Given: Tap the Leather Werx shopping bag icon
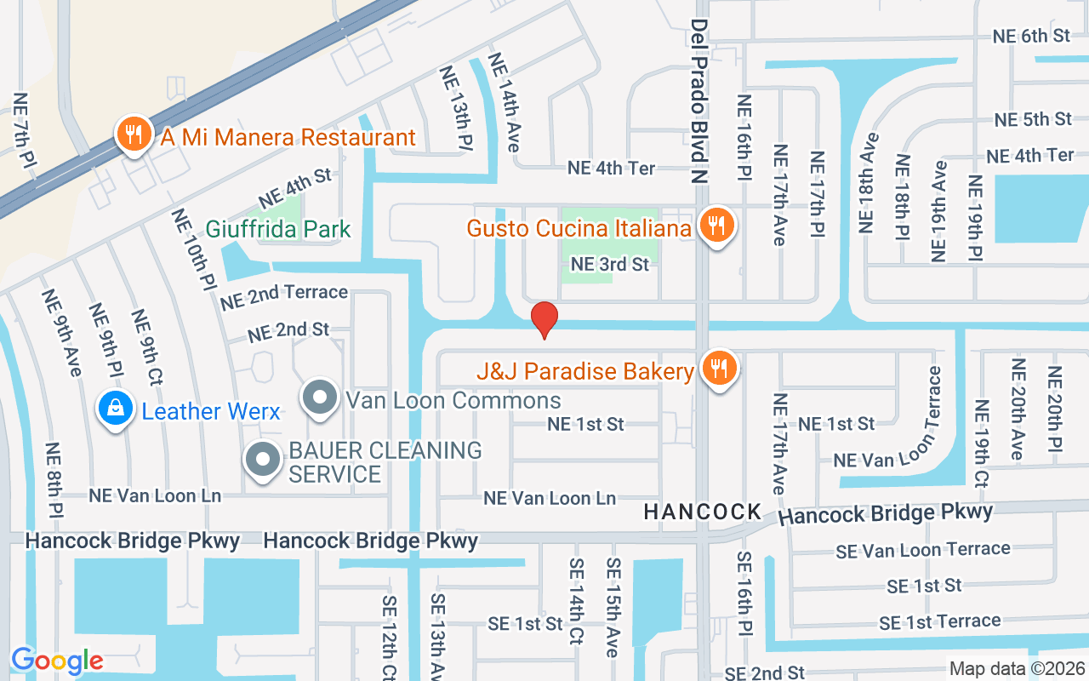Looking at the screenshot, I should (x=115, y=410).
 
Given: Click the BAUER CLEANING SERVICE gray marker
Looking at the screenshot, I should (x=263, y=461).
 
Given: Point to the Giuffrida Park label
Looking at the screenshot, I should (x=278, y=229).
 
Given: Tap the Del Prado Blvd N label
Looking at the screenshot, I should (x=699, y=102).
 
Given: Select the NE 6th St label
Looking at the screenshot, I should (x=1032, y=36).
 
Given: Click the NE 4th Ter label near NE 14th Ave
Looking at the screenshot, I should (x=612, y=169).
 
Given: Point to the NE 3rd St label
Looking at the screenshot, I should (x=610, y=265).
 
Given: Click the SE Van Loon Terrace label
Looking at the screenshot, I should (x=923, y=550).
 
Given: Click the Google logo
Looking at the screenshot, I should (x=57, y=661).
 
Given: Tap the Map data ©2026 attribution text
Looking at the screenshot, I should (x=1017, y=669).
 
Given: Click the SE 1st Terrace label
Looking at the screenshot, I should (x=939, y=621).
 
